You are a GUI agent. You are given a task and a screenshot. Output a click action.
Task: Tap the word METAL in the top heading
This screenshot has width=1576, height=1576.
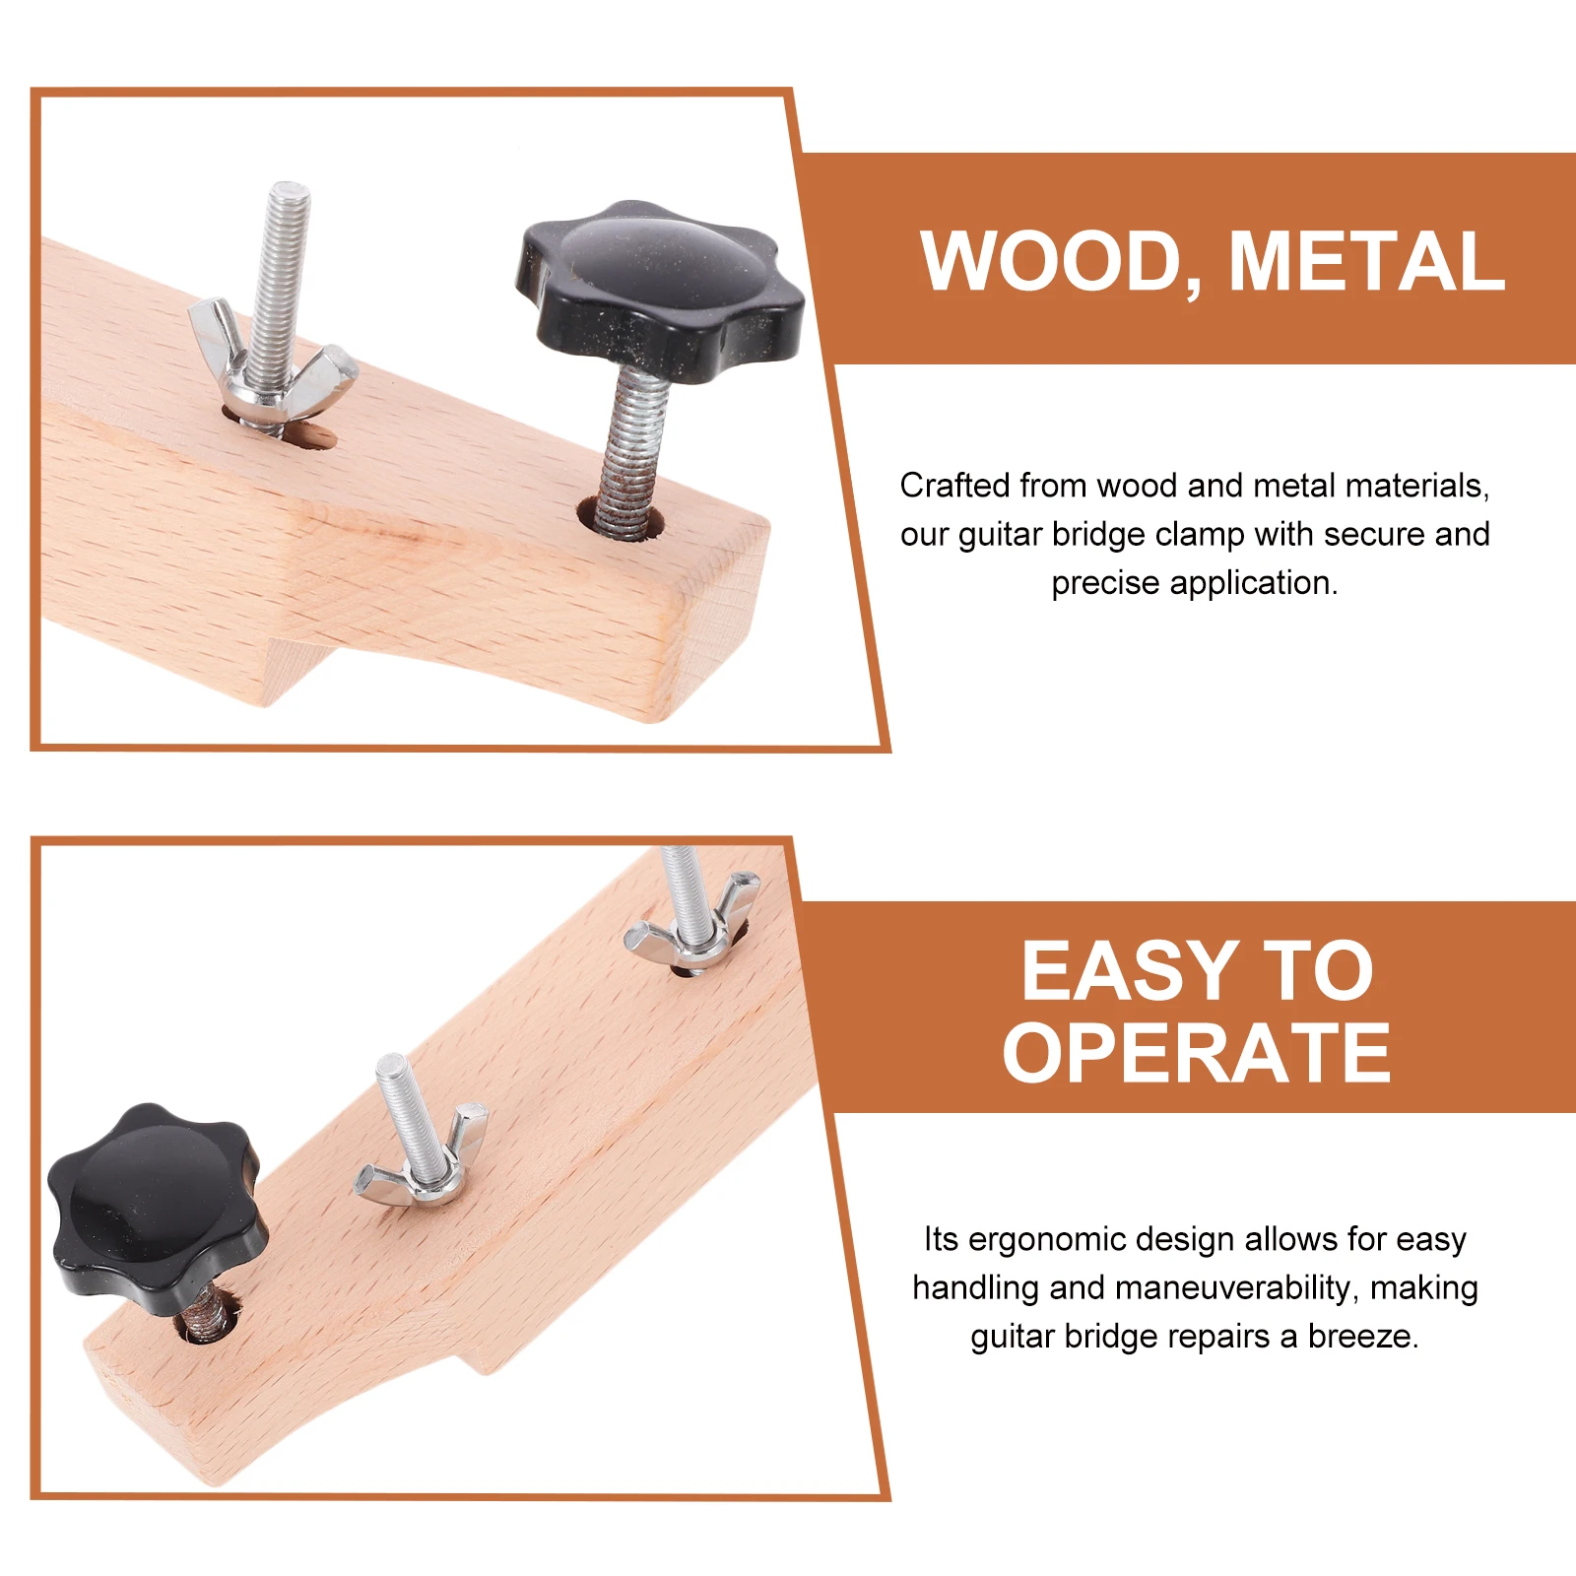[1367, 261]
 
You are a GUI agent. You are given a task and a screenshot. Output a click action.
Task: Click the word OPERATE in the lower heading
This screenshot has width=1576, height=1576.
[1197, 1053]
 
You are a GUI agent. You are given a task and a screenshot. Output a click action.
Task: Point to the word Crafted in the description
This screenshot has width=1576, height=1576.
[954, 486]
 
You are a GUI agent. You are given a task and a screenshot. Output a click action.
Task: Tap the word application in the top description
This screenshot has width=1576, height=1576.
[1254, 584]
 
